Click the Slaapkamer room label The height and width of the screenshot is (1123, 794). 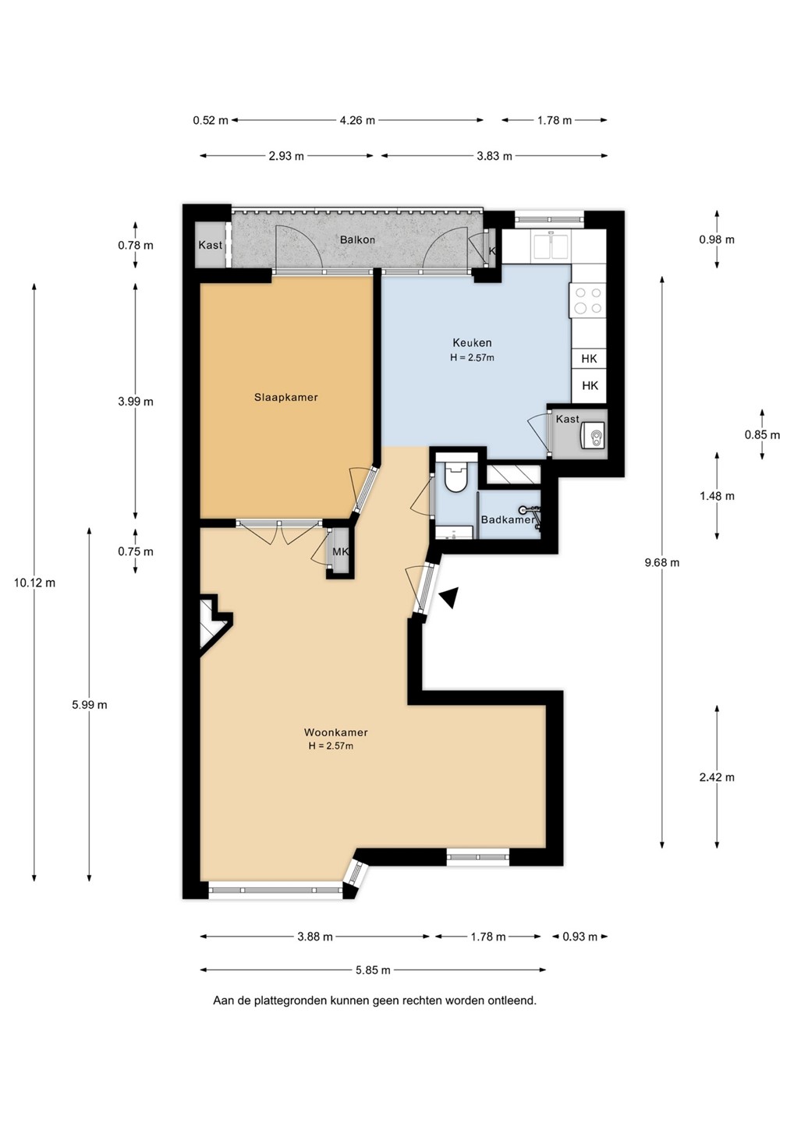coord(285,398)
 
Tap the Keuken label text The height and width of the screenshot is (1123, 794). coord(472,343)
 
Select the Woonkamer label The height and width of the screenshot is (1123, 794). coord(336,732)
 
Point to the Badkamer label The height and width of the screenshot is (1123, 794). coord(508,520)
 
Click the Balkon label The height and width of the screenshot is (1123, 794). coord(357,239)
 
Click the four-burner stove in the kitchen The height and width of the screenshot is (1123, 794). coord(589,299)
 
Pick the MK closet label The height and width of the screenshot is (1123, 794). coord(341,551)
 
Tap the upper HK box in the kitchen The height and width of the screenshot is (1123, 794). coord(590,359)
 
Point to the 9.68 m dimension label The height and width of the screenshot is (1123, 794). coord(662,562)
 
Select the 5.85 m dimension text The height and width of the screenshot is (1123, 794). coord(373,970)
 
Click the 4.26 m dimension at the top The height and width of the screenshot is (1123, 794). coord(357,120)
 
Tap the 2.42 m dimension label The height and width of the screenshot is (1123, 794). coord(717,777)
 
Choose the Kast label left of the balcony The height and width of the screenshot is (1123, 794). coord(210,245)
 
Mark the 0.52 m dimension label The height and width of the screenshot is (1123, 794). coord(211,120)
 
